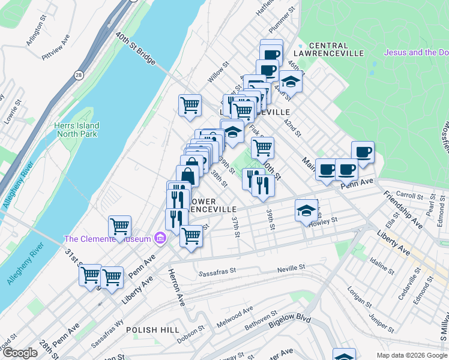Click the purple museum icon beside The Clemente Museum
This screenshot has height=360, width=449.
click(x=160, y=239)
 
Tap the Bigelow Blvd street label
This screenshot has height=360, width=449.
click(x=289, y=325)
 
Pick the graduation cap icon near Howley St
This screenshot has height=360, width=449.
click(x=306, y=211)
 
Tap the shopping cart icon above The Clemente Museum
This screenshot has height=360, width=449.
click(x=119, y=226)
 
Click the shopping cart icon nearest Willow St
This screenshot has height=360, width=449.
click(x=190, y=105)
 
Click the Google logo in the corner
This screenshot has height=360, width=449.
click(x=20, y=353)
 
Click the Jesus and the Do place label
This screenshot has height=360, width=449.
click(x=415, y=53)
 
